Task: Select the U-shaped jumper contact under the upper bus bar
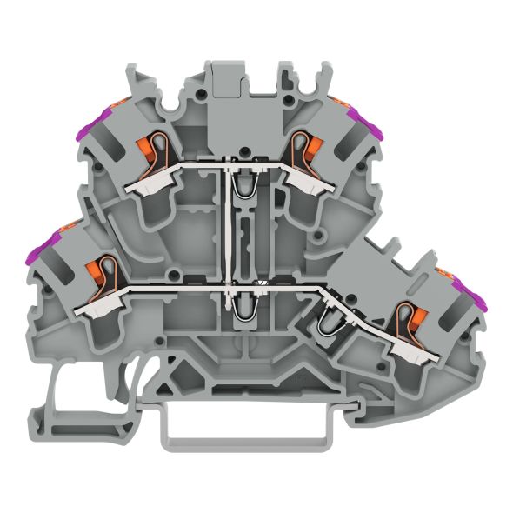point(241,190)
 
